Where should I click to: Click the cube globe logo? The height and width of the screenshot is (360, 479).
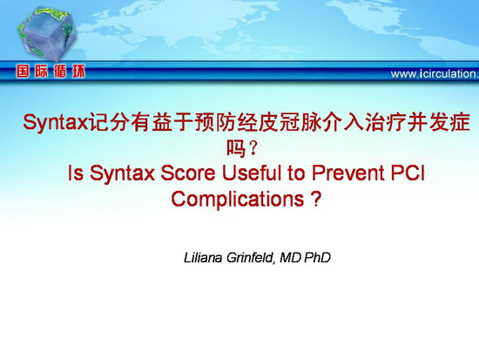[46, 34]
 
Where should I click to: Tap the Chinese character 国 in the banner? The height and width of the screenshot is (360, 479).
[23, 71]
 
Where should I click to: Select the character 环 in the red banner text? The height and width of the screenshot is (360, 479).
[78, 71]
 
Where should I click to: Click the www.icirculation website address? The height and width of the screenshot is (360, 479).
[435, 74]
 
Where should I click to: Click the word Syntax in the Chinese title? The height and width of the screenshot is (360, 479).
[55, 123]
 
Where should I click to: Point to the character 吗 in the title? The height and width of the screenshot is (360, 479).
[236, 148]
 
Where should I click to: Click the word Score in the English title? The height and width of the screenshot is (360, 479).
[188, 173]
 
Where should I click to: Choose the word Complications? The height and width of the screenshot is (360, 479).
[238, 200]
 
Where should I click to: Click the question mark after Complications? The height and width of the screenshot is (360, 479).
[316, 199]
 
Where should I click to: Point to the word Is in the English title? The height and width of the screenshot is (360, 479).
[75, 173]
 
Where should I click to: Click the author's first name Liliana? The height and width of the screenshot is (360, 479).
[203, 257]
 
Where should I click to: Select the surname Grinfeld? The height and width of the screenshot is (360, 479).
[250, 257]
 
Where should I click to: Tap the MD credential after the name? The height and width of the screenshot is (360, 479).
[290, 257]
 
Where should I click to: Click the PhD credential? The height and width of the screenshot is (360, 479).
[317, 257]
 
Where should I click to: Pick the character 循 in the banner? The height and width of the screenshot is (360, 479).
[60, 71]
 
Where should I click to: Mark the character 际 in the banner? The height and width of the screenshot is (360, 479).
[41, 71]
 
